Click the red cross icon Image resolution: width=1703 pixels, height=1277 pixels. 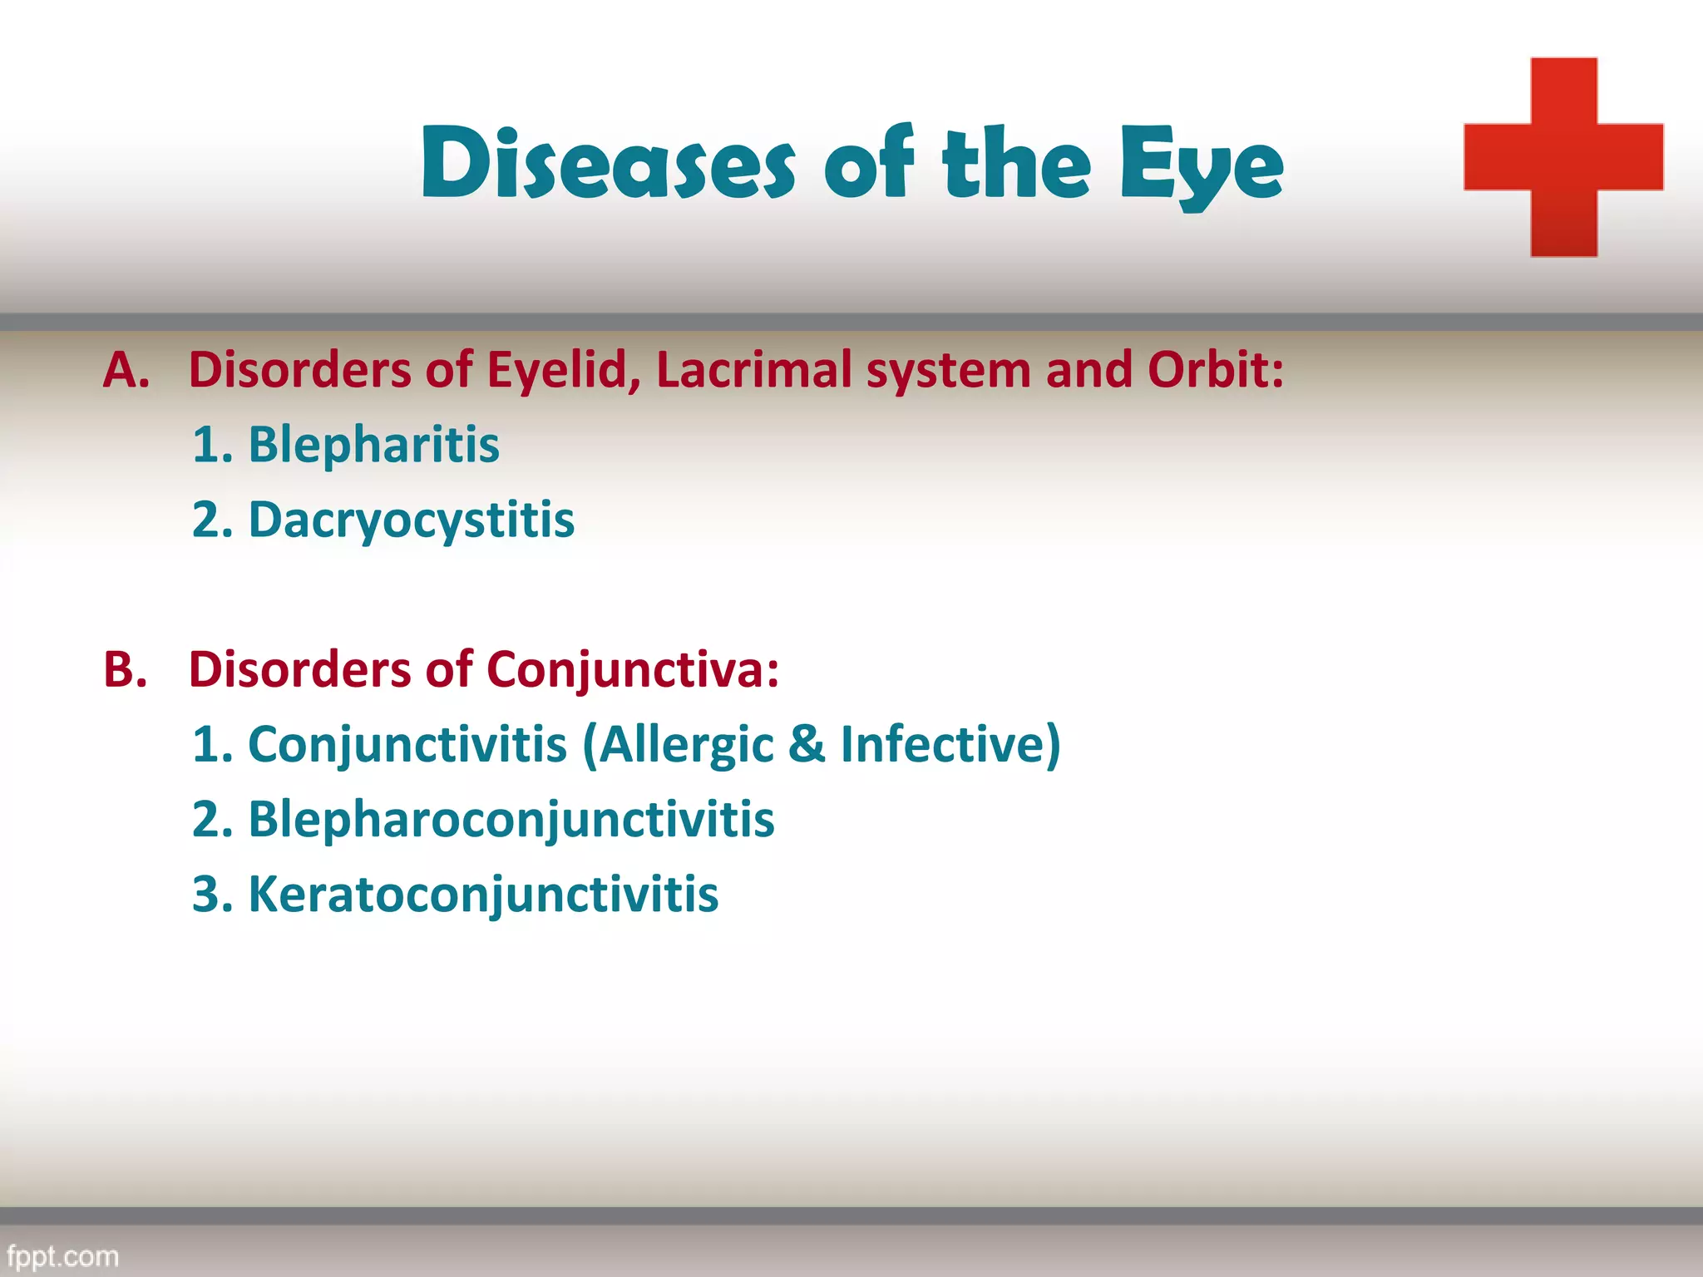click(1563, 157)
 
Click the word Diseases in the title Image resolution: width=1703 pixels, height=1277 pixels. click(608, 164)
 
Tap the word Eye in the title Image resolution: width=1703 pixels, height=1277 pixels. click(1201, 166)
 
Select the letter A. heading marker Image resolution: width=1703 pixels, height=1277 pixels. click(126, 370)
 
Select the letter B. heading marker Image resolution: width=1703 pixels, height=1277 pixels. click(126, 669)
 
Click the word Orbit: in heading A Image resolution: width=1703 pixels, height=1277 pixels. click(1216, 370)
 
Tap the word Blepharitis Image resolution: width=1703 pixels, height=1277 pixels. click(373, 445)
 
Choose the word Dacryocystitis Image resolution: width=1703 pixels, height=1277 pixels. click(411, 521)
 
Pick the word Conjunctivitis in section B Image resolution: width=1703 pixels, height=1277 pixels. click(407, 744)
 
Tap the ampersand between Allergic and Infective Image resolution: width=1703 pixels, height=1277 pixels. click(807, 744)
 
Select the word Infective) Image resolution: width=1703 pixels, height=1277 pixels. click(950, 744)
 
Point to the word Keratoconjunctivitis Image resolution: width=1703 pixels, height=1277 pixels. click(483, 895)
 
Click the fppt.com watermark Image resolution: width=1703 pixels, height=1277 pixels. click(62, 1255)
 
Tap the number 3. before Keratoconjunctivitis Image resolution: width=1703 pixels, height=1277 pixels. click(212, 895)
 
